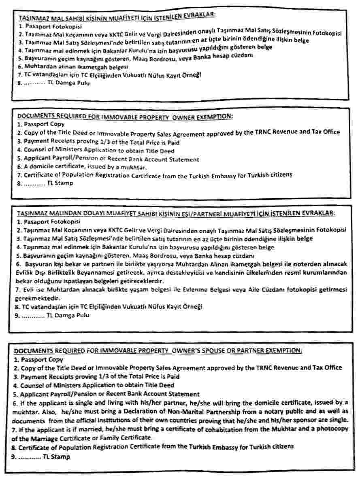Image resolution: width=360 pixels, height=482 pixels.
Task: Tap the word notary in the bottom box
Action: (x=289, y=412)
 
